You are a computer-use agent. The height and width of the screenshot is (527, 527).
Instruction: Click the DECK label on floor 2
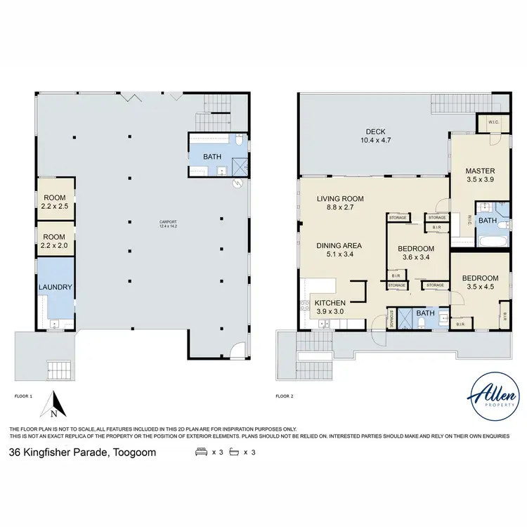(x=372, y=131)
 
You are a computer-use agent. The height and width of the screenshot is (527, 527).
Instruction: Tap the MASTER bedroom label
(x=480, y=171)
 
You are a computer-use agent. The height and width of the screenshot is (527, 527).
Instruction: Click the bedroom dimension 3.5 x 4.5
(x=480, y=287)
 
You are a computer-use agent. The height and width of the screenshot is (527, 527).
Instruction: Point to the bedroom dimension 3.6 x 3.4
(x=416, y=258)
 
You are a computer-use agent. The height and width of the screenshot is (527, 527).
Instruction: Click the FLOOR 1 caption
(x=23, y=397)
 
